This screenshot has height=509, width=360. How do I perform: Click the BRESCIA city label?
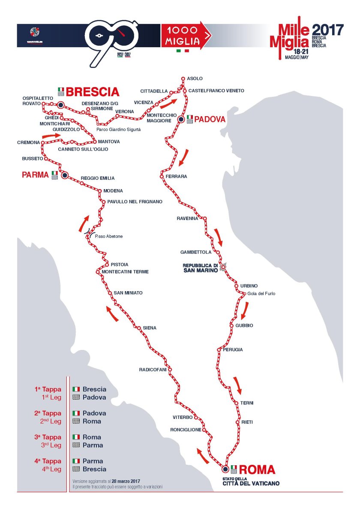[93, 92]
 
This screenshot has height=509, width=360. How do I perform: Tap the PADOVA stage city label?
[210, 120]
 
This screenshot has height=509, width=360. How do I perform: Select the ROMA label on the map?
[257, 470]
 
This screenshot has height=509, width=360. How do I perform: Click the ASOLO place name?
[195, 78]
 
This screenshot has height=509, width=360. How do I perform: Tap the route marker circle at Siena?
[138, 328]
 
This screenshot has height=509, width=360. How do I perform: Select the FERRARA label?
[176, 176]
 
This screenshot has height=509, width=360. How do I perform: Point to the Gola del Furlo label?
[261, 294]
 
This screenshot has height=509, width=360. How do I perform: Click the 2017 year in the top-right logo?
[327, 30]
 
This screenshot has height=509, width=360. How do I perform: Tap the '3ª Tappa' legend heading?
[48, 437]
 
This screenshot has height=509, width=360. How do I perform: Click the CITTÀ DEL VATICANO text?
[251, 483]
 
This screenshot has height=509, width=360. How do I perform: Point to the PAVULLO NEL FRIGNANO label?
[135, 201]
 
